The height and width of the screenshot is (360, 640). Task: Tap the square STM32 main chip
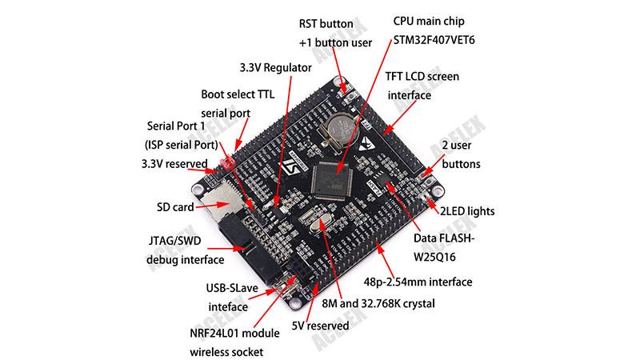pos(336,177)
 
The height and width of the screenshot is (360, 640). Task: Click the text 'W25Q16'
pos(442,257)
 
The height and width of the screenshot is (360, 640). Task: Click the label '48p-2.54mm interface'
pos(418,282)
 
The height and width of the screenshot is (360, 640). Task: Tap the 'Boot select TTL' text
pos(237,94)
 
